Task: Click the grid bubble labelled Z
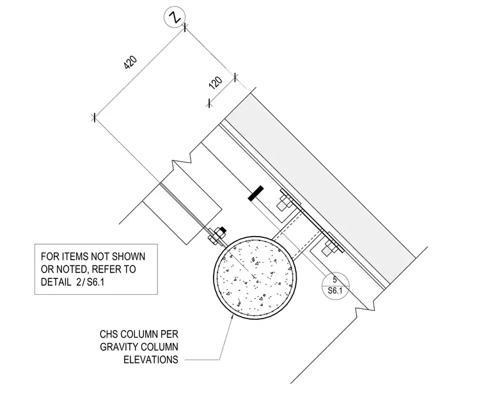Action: coord(175,17)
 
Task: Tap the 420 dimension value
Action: coord(130,62)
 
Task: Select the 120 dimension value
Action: coord(216,83)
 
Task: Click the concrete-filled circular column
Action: coord(255,277)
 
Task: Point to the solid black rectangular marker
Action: coord(256,193)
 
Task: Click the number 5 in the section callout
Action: coord(334,279)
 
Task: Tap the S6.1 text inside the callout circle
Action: coord(335,291)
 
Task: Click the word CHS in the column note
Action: coord(109,334)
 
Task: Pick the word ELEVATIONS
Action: coord(151,359)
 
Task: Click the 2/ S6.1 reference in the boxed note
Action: coord(90,282)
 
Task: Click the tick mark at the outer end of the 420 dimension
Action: coord(94,118)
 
